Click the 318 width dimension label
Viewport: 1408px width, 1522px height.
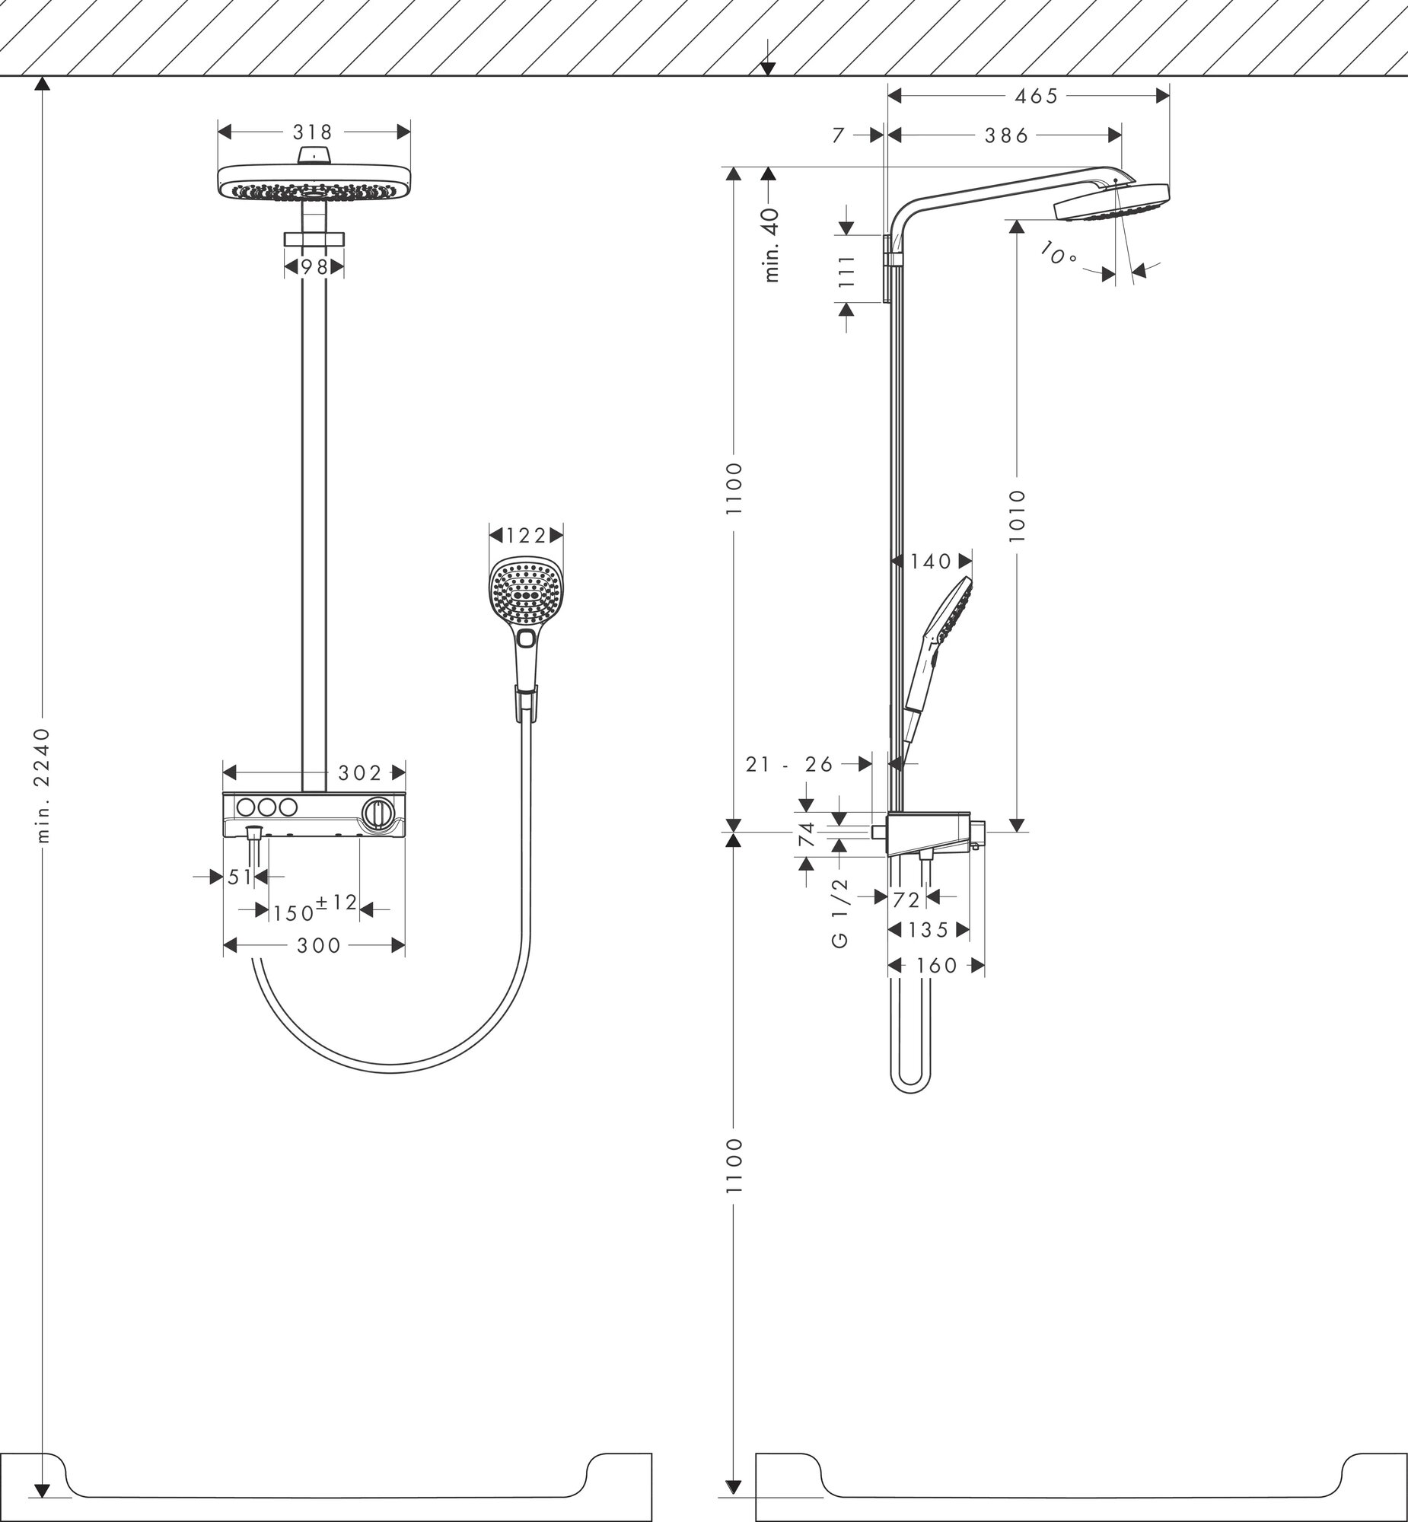313,132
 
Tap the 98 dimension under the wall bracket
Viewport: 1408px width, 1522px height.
313,267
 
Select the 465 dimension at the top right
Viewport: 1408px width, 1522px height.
1037,96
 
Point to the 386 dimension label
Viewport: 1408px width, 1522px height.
1006,135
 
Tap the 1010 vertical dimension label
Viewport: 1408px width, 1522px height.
1017,516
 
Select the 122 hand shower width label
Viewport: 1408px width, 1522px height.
527,537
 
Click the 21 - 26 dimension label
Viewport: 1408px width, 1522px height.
789,764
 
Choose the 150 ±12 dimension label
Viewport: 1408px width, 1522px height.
314,908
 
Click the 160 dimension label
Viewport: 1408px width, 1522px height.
936,966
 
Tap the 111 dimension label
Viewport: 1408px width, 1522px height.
847,269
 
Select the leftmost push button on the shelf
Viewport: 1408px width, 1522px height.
247,806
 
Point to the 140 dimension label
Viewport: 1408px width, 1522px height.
931,562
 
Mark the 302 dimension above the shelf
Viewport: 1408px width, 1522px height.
360,773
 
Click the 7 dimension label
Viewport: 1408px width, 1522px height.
839,135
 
